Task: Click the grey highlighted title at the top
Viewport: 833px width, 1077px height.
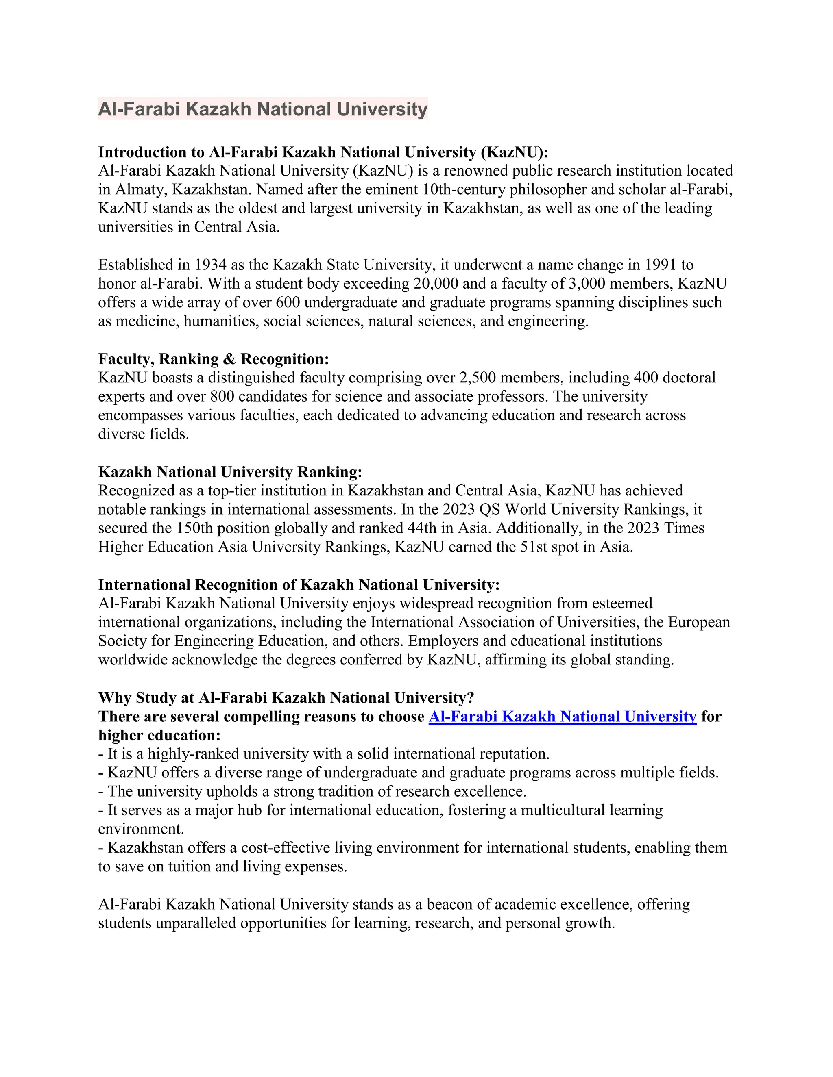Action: [x=262, y=109]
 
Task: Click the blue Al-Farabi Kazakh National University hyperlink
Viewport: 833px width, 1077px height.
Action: [x=562, y=717]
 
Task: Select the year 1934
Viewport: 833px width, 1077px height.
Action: [x=210, y=265]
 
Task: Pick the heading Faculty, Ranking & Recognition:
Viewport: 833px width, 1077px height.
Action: [x=213, y=358]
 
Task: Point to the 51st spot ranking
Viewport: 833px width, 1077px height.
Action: [x=535, y=547]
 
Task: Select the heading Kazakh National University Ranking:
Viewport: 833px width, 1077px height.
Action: [x=230, y=472]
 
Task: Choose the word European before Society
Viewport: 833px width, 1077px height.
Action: [x=699, y=622]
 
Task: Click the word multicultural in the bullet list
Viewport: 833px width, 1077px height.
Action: [x=563, y=810]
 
